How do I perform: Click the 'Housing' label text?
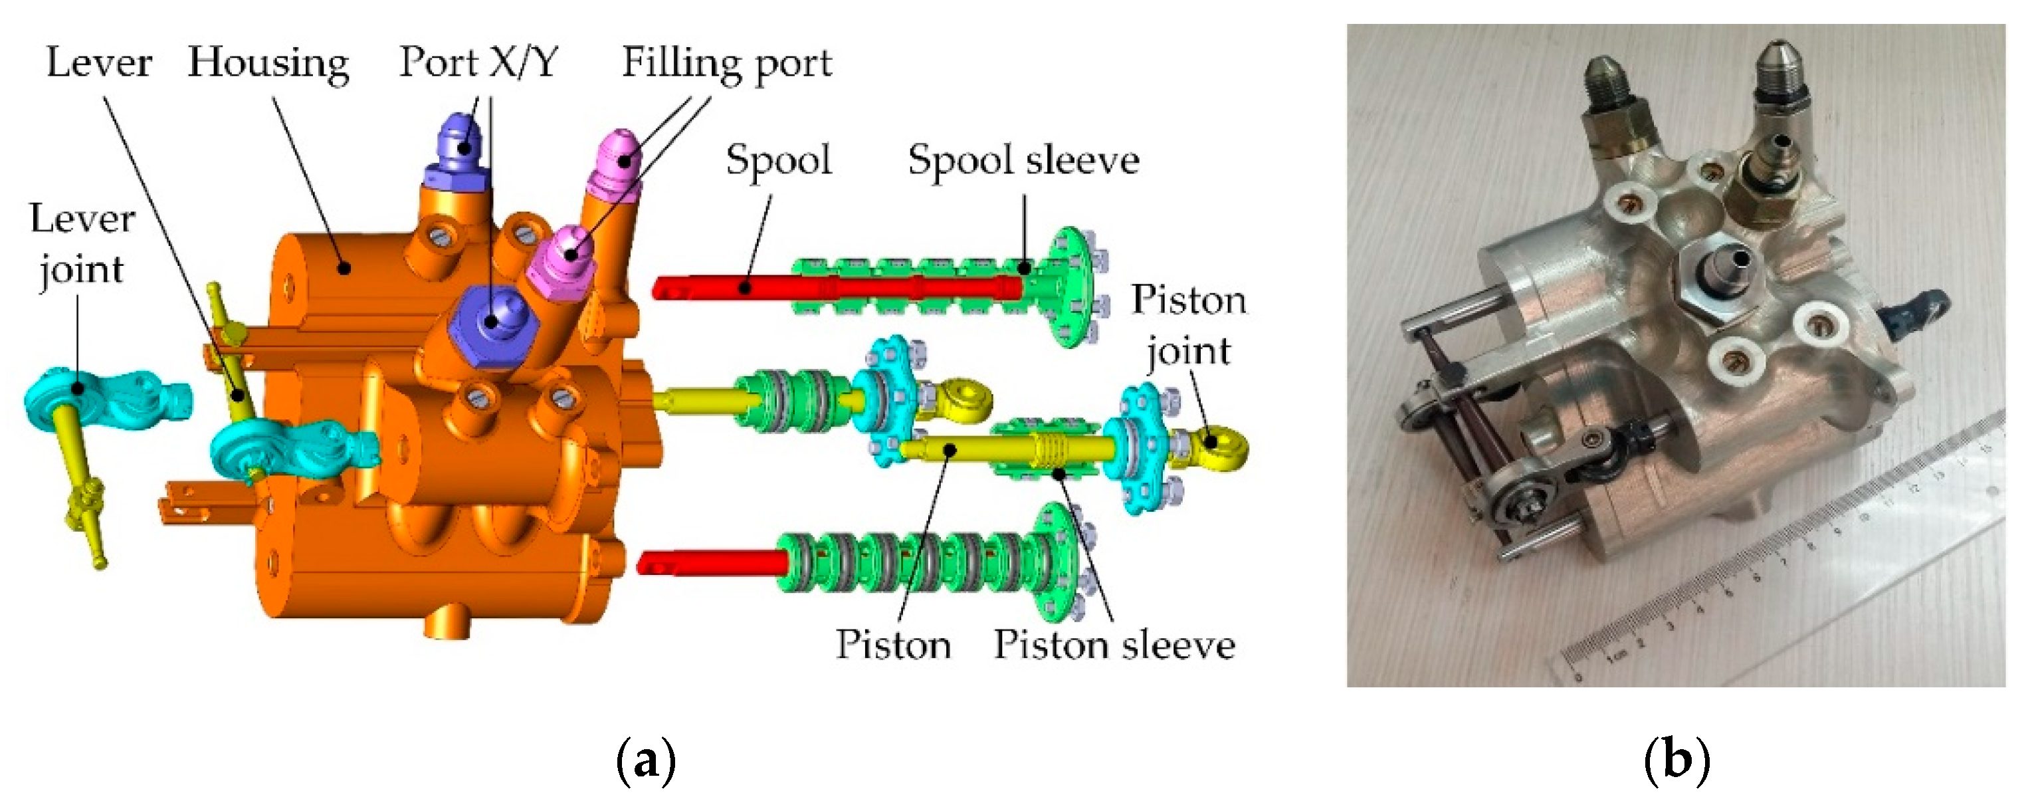268,63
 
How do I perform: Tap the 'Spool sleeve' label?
1023,162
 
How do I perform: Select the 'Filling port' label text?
726,63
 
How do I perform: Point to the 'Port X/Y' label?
478,62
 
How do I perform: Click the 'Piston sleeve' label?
1114,645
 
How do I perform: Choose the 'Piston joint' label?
1188,325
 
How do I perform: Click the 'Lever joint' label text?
82,244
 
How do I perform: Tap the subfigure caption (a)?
645,760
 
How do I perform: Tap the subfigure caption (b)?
1677,760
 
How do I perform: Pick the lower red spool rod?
709,563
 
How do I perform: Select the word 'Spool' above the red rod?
778,161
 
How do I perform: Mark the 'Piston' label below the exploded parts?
892,645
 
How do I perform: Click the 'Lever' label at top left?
98,63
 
